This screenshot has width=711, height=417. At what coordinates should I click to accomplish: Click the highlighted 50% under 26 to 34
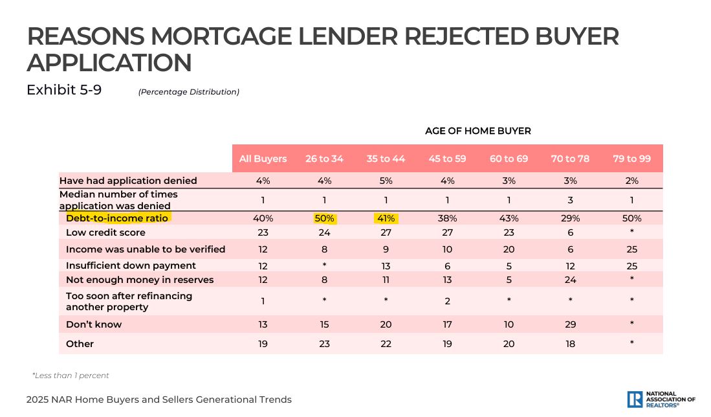click(x=324, y=218)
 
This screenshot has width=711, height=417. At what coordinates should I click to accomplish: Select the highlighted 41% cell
click(x=386, y=218)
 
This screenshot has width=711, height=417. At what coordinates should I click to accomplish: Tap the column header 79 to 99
click(x=631, y=159)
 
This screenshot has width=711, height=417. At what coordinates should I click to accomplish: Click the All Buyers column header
click(x=263, y=159)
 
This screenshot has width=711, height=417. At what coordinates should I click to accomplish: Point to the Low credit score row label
click(x=105, y=232)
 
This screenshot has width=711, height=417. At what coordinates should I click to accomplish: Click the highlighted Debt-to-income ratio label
click(x=116, y=218)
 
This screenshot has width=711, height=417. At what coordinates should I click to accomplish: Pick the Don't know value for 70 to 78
click(x=570, y=324)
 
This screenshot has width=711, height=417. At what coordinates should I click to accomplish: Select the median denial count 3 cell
click(x=570, y=200)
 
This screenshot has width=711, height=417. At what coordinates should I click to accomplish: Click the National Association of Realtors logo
click(x=661, y=400)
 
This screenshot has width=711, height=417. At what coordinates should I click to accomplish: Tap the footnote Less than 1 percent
click(x=71, y=376)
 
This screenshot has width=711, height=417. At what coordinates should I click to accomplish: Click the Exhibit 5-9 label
click(x=64, y=90)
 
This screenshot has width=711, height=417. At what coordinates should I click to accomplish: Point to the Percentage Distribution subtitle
click(x=189, y=92)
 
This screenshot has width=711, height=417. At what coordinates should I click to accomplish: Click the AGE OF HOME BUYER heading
click(x=478, y=131)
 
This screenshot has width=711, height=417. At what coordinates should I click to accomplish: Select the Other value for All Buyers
click(x=263, y=344)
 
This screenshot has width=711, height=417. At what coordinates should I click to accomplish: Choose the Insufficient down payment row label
click(x=131, y=265)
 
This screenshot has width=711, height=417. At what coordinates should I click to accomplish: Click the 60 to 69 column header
click(x=509, y=159)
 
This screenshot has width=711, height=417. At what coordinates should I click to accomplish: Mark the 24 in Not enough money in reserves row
click(x=570, y=280)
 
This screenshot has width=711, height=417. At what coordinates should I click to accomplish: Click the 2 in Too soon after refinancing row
click(x=447, y=301)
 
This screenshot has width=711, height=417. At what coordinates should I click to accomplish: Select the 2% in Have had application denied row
click(x=631, y=181)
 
